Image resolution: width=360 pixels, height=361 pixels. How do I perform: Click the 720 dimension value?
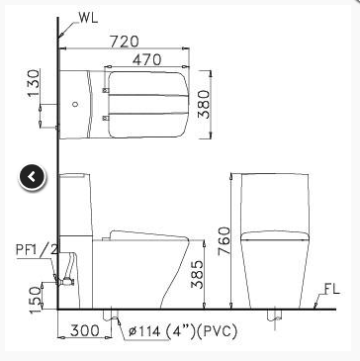click(125, 42)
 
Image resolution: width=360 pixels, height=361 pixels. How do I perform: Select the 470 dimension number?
click(147, 60)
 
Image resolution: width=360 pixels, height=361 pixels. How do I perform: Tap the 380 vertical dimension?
click(204, 104)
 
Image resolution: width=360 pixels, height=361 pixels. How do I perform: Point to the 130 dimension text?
click(34, 83)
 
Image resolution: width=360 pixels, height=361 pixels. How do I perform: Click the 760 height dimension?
click(225, 240)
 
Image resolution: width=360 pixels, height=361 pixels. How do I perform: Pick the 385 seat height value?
click(198, 274)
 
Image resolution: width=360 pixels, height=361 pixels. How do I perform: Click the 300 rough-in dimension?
click(84, 330)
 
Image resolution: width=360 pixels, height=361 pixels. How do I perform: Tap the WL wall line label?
click(88, 18)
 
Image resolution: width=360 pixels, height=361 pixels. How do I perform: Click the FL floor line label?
click(331, 289)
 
